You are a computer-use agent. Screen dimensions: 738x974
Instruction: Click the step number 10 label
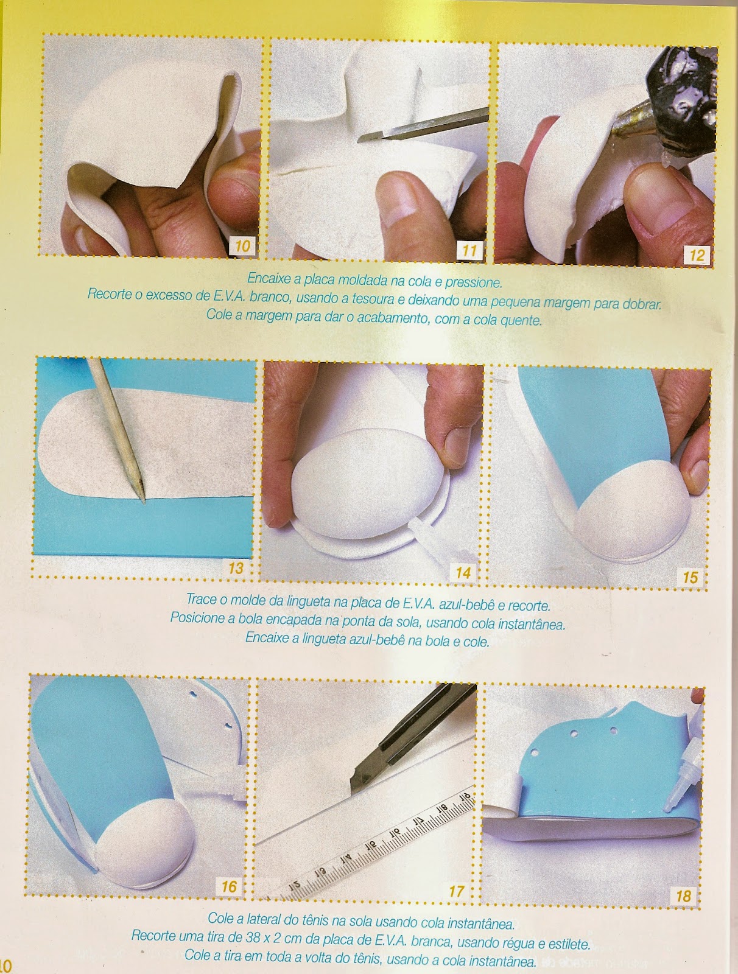pyautogui.click(x=242, y=247)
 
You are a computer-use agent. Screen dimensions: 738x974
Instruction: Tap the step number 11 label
pyautogui.click(x=469, y=251)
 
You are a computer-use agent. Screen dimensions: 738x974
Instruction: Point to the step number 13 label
pyautogui.click(x=235, y=568)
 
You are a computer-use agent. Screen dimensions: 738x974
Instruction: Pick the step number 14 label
pyautogui.click(x=462, y=572)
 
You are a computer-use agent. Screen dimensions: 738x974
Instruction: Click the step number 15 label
pyautogui.click(x=690, y=577)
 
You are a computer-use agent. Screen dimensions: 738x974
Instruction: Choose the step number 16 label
pyautogui.click(x=229, y=886)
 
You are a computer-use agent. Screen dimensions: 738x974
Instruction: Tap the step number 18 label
pyautogui.click(x=683, y=895)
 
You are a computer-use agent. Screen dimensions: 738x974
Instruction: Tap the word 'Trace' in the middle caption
pyautogui.click(x=201, y=599)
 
